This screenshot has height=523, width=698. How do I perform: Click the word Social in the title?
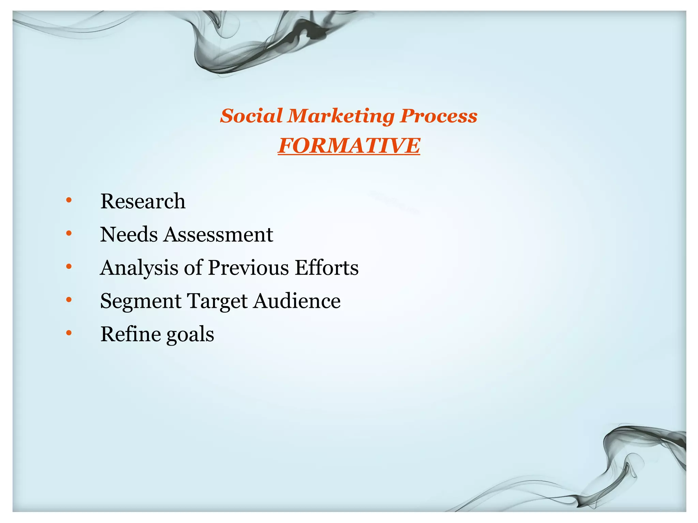[x=252, y=116]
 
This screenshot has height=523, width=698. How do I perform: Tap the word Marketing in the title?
[x=341, y=116]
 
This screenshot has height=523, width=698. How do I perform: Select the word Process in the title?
[x=439, y=116]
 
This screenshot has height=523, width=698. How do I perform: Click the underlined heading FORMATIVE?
[x=349, y=146]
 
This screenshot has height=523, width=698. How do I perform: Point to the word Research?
[x=143, y=201]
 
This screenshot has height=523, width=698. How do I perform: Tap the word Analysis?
[x=139, y=268]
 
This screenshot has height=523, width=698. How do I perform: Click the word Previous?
[x=248, y=268]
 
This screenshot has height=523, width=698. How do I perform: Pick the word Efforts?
[x=327, y=268]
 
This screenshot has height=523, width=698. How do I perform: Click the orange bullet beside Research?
[x=69, y=200]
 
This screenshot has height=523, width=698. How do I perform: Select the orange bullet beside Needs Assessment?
[x=69, y=233]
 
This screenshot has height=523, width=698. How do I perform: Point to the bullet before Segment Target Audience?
[x=69, y=300]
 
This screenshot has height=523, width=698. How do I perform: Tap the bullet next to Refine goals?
[x=69, y=333]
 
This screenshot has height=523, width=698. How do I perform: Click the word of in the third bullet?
[x=193, y=268]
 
